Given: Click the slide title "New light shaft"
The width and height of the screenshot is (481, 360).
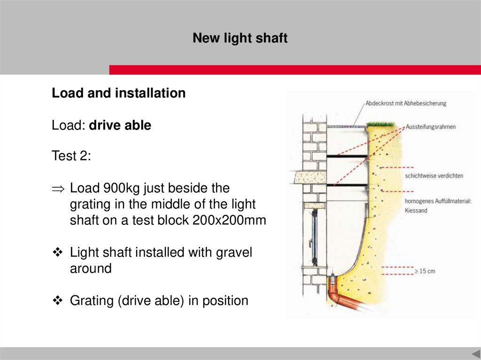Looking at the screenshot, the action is (x=240, y=38).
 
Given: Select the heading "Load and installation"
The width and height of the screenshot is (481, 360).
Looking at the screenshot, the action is (x=119, y=93).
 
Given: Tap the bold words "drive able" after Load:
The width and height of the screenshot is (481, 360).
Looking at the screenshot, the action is (x=120, y=125).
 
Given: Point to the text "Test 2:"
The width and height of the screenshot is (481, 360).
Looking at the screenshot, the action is (x=71, y=155).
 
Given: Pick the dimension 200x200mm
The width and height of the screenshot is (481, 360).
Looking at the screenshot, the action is (x=229, y=220).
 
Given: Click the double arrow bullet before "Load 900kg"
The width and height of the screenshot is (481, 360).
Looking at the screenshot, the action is (x=58, y=189).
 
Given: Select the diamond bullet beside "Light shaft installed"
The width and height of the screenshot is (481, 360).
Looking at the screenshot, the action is (x=58, y=253).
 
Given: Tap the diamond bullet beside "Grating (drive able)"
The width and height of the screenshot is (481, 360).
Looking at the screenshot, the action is (x=58, y=300).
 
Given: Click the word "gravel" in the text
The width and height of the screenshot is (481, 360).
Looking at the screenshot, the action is (x=234, y=253).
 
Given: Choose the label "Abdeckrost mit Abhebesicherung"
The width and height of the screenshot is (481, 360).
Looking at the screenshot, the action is (x=406, y=103).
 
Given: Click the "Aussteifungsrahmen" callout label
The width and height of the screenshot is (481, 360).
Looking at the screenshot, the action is (x=431, y=127).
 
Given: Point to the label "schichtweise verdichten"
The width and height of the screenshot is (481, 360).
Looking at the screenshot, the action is (x=434, y=176).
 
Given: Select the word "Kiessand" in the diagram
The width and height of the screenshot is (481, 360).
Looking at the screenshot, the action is (x=416, y=210).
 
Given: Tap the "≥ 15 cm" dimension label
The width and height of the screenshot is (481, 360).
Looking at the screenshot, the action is (x=425, y=271).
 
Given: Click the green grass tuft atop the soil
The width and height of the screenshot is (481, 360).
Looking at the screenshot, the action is (x=380, y=124).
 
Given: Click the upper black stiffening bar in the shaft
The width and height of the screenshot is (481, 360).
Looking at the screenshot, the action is (x=347, y=157).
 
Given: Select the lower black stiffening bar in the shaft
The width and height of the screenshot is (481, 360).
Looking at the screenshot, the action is (x=347, y=185).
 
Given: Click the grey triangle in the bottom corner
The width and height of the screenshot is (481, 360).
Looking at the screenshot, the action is (x=476, y=353).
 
